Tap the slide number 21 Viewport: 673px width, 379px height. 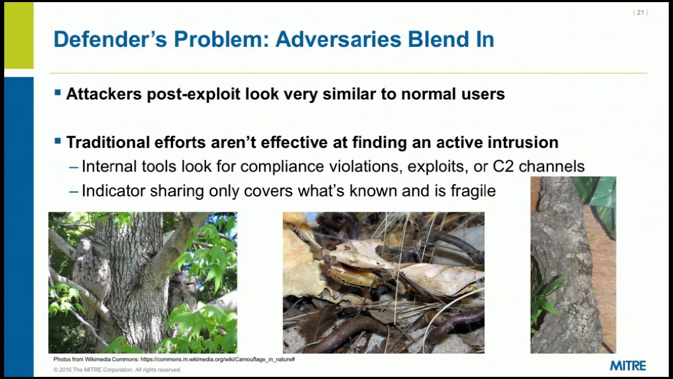[640, 13]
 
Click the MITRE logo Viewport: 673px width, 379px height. [628, 365]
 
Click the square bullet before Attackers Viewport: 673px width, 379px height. [58, 93]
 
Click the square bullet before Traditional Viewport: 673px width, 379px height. [58, 141]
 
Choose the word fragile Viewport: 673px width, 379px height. [473, 191]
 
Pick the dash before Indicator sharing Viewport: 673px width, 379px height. [74, 191]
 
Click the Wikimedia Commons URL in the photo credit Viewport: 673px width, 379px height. [217, 359]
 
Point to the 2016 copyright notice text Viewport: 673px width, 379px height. [117, 370]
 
